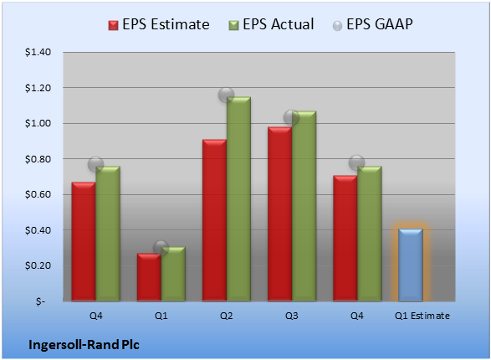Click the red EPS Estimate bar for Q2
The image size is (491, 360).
coord(214,220)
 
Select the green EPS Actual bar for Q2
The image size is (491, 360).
coord(238,199)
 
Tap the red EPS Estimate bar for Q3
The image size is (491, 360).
coord(279,214)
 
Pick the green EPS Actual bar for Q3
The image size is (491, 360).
coord(304,206)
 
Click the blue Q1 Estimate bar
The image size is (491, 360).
coord(411,265)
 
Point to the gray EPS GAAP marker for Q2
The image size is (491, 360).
coord(226,95)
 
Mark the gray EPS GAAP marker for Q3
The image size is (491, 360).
coord(291,118)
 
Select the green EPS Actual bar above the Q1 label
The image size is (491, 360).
coord(173,274)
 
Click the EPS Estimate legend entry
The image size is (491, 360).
coord(159,24)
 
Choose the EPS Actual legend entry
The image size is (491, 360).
coord(271,24)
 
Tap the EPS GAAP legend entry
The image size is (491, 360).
coord(372,24)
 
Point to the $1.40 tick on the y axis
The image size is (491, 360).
coord(38,52)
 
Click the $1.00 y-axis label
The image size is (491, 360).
coord(38,123)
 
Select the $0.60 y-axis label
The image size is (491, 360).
coord(38,194)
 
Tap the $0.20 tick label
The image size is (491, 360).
coord(38,265)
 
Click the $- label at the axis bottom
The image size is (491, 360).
coord(40,301)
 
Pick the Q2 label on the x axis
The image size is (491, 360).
coord(226,316)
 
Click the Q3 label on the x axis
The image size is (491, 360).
coord(291,316)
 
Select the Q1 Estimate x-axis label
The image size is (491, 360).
coord(422,316)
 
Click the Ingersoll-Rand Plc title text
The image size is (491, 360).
coord(84,345)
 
